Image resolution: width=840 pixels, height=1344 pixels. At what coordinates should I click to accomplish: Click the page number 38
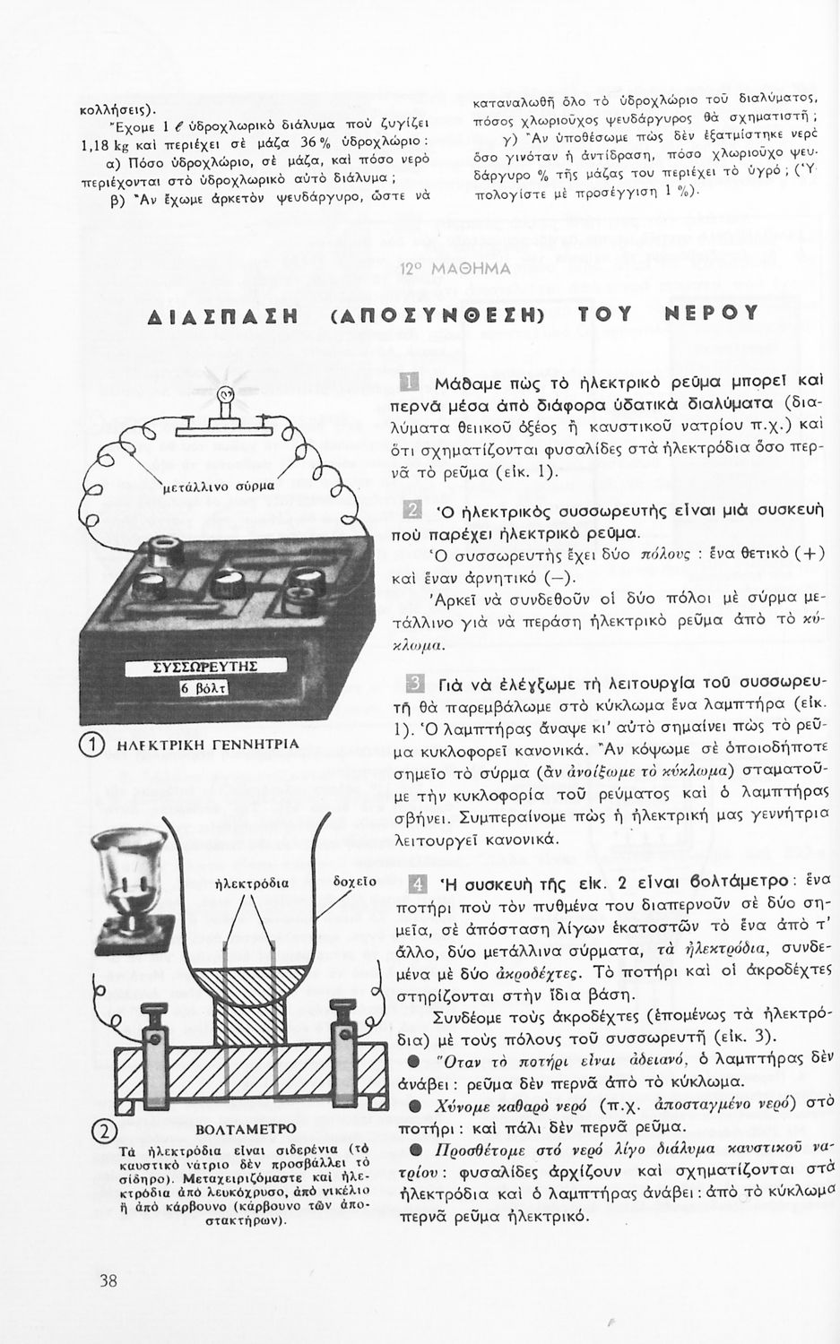108,1280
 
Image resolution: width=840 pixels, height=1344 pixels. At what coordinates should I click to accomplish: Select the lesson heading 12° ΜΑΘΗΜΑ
455,269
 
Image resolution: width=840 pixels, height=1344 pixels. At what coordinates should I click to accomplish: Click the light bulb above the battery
225,395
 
